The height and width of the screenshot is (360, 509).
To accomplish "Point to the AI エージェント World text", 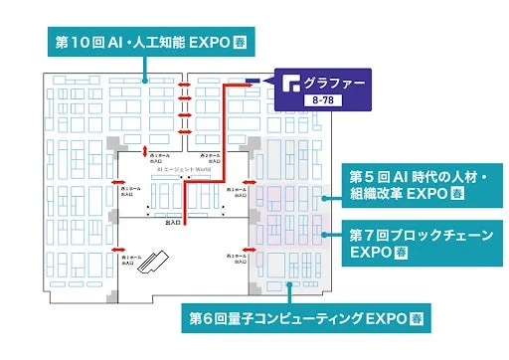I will click(185, 170).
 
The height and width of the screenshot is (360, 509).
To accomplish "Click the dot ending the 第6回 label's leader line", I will click(288, 284).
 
